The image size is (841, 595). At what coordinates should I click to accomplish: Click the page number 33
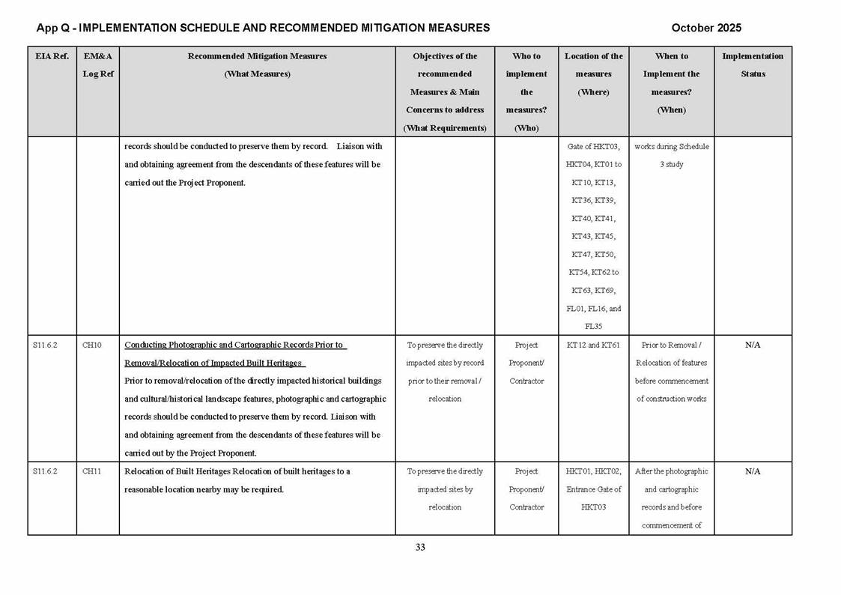click(420, 548)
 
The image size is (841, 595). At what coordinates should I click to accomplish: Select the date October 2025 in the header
click(706, 28)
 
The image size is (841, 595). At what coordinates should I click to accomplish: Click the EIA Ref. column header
click(52, 56)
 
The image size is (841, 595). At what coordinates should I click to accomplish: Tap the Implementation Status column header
click(753, 65)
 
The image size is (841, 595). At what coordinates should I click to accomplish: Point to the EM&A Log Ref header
click(98, 65)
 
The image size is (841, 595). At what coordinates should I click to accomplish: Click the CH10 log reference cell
click(92, 345)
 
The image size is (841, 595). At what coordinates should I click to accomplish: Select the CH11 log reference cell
click(92, 471)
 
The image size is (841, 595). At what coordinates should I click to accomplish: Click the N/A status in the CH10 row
click(753, 345)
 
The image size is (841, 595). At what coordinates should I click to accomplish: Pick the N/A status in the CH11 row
click(753, 471)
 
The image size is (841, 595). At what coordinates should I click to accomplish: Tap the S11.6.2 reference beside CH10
click(45, 345)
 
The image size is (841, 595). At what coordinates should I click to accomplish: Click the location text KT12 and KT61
click(593, 345)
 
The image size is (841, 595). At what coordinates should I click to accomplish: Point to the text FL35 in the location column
click(593, 327)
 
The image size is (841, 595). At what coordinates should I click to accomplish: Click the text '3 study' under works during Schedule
click(671, 165)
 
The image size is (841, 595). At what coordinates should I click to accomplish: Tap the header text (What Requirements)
click(445, 128)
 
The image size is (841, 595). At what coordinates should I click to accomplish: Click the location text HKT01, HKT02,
click(593, 471)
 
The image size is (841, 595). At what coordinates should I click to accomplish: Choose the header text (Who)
click(526, 128)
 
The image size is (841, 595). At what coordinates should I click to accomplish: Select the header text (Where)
click(593, 92)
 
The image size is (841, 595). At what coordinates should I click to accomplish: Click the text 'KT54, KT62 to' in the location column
click(593, 273)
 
